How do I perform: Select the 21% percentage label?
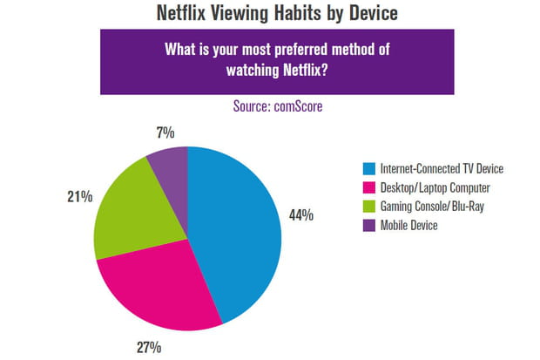pos(79,197)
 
